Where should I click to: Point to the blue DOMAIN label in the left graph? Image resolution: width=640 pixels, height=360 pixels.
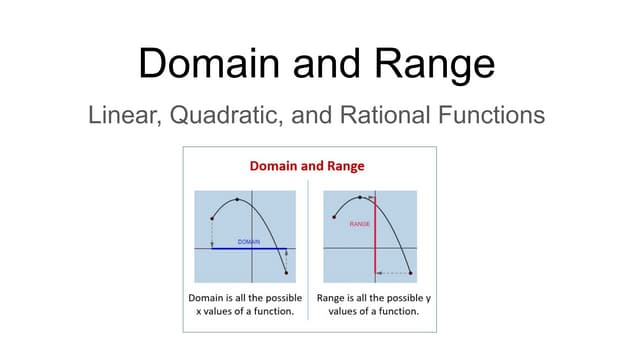point(249,242)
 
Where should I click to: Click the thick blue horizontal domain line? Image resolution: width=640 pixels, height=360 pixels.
point(250,248)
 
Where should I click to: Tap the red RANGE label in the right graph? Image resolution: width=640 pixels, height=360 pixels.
point(360,224)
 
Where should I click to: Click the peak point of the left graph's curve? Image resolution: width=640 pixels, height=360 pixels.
point(238,199)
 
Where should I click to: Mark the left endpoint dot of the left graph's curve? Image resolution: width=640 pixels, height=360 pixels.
point(212,218)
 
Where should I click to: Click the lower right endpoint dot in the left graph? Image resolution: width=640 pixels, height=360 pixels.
point(287,272)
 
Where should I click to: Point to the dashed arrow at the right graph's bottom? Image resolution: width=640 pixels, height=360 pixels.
point(393,272)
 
